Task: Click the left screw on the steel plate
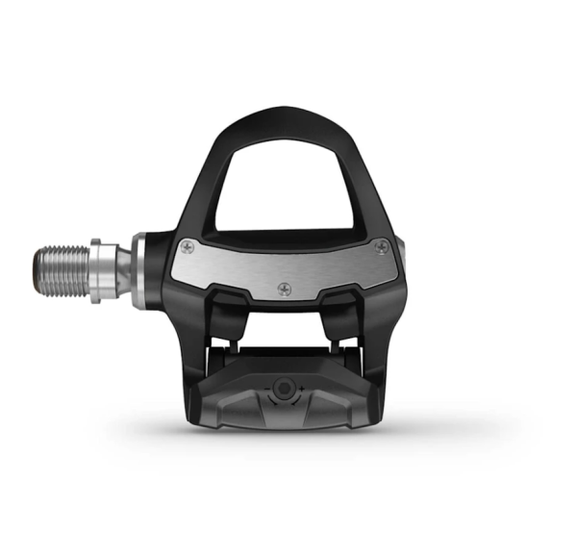pos(188,247)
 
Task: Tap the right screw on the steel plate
pos(383,248)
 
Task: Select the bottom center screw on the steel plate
pos(284,287)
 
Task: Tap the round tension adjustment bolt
pos(282,388)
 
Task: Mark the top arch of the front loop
pos(279,117)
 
